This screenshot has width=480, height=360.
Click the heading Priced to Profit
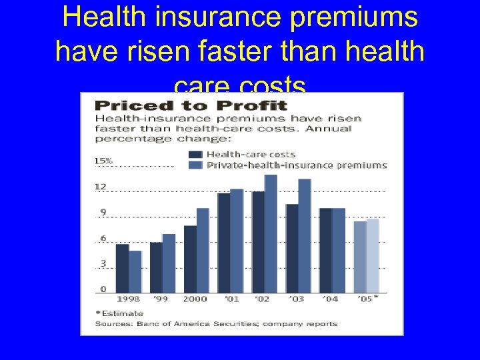point(190,105)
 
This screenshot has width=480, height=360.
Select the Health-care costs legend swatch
point(197,155)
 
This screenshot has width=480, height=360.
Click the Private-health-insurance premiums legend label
point(297,165)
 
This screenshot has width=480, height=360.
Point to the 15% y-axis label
point(103,161)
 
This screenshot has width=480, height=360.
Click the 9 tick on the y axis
point(103,213)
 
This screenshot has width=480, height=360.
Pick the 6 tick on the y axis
point(103,238)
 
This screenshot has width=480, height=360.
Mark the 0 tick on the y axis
point(103,289)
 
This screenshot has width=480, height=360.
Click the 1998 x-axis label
point(128,299)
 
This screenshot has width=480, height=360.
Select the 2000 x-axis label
point(195,299)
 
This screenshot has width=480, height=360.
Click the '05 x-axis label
point(365,299)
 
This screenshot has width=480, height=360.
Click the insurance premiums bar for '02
point(271,233)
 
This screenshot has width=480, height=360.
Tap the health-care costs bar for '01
point(223,243)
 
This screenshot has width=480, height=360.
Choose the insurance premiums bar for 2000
point(203,250)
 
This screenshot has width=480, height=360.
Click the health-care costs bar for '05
point(359,257)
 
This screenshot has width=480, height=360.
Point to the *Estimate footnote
point(119,313)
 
